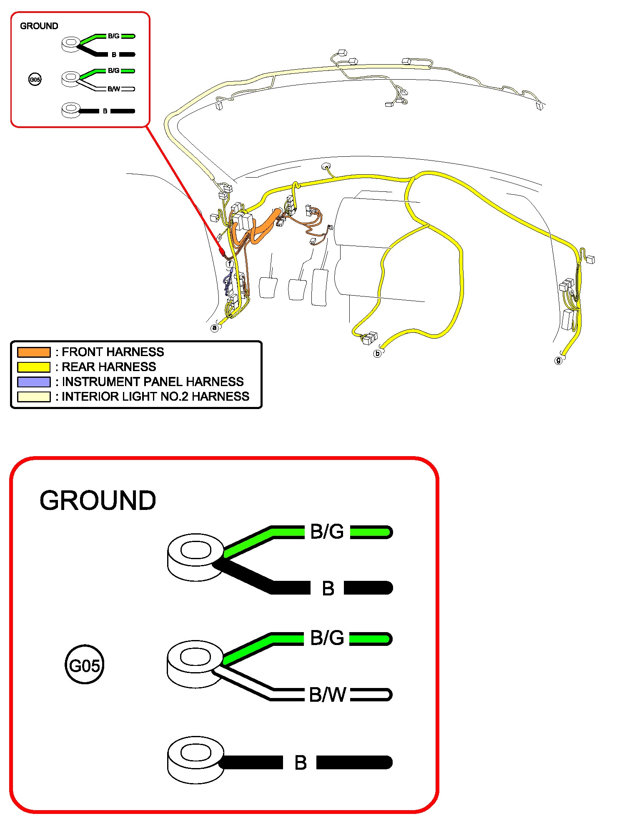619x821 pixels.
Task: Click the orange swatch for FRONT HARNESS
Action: (x=34, y=352)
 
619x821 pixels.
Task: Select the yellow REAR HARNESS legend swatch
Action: (x=34, y=367)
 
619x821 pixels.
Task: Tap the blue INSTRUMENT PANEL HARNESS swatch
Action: (x=34, y=382)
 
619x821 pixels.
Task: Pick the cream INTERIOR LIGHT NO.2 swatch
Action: (x=34, y=397)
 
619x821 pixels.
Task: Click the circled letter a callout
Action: (x=215, y=328)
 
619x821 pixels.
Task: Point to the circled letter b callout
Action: (x=377, y=354)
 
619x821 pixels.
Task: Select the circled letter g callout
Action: (x=558, y=360)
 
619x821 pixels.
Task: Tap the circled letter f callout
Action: (x=230, y=264)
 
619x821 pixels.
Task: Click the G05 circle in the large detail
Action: (x=84, y=665)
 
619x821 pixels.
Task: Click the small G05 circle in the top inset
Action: (x=35, y=79)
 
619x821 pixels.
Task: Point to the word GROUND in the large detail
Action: (x=98, y=500)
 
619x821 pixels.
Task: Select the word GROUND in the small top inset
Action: (x=39, y=26)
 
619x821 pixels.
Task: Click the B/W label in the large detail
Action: (x=327, y=695)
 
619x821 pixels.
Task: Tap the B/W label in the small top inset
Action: (x=113, y=89)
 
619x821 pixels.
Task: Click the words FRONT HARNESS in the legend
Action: (x=113, y=352)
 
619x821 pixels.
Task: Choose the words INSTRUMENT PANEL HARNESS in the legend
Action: (x=153, y=382)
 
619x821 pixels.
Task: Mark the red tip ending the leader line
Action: (x=222, y=252)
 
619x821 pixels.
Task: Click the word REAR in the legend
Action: (x=78, y=367)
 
